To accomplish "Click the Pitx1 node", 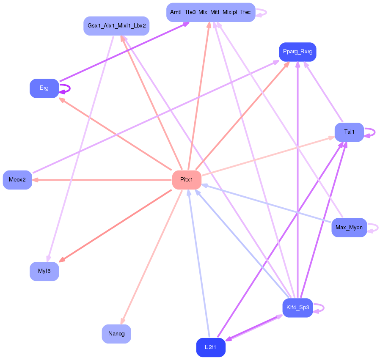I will [x=186, y=180].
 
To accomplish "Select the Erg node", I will [x=44, y=88].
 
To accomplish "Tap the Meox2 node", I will [x=17, y=180].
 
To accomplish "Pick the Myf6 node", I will [x=44, y=271].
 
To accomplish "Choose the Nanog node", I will [x=116, y=334].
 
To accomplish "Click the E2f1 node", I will [x=210, y=347].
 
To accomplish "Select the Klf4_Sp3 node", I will [x=297, y=308].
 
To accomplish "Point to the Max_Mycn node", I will [x=349, y=228].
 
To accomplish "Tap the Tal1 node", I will [x=349, y=132].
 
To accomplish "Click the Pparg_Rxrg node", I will [x=297, y=52].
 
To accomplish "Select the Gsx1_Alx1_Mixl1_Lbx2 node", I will [x=116, y=26].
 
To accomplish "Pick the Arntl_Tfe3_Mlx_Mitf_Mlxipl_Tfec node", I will [x=210, y=12].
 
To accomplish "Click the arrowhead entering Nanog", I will [x=123, y=322].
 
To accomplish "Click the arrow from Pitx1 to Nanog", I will [x=152, y=256].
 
